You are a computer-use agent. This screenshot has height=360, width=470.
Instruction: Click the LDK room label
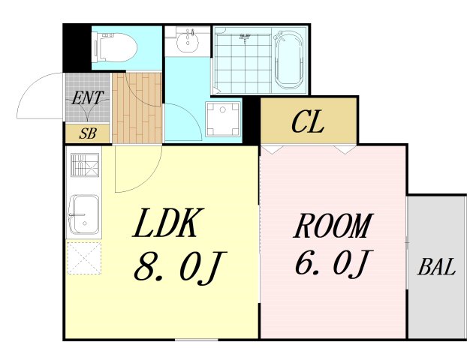click(x=166, y=224)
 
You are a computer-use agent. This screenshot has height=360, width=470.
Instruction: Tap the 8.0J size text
click(x=180, y=268)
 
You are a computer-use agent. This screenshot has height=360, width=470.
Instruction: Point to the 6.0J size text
click(x=331, y=263)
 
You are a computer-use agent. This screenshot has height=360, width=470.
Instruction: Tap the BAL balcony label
click(x=437, y=268)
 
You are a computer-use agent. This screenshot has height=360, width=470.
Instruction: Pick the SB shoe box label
click(x=87, y=135)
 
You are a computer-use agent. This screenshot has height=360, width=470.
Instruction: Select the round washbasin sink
click(x=186, y=43)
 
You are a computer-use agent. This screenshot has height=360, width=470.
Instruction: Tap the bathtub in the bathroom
click(x=288, y=59)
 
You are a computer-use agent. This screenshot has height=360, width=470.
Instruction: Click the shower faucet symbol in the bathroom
click(x=245, y=35)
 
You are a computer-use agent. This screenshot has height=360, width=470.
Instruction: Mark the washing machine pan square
click(x=224, y=119)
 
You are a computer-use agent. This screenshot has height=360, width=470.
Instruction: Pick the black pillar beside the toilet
click(x=76, y=46)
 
